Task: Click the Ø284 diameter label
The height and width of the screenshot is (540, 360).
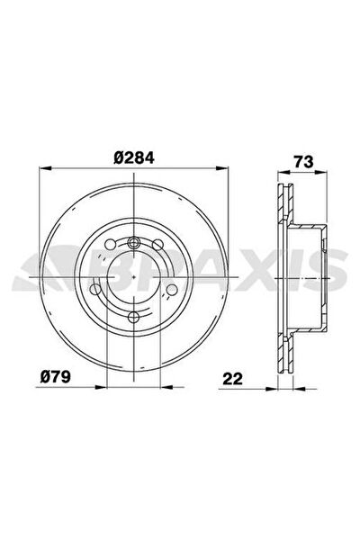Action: pyautogui.click(x=134, y=157)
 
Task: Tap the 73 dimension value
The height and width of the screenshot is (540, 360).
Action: pyautogui.click(x=304, y=161)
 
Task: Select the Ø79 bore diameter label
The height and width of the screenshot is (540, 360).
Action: pyautogui.click(x=56, y=377)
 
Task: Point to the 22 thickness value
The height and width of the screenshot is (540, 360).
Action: pyautogui.click(x=233, y=379)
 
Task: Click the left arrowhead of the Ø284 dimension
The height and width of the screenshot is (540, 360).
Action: pyautogui.click(x=46, y=168)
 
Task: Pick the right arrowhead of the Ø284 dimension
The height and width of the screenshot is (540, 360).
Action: pyautogui.click(x=222, y=168)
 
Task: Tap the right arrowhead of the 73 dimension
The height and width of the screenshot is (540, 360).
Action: pyautogui.click(x=320, y=173)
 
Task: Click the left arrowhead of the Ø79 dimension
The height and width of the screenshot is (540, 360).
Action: pyautogui.click(x=102, y=387)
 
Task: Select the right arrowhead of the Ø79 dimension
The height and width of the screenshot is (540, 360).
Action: pyautogui.click(x=166, y=387)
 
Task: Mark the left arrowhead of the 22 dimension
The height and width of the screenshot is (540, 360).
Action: pyautogui.click(x=272, y=389)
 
